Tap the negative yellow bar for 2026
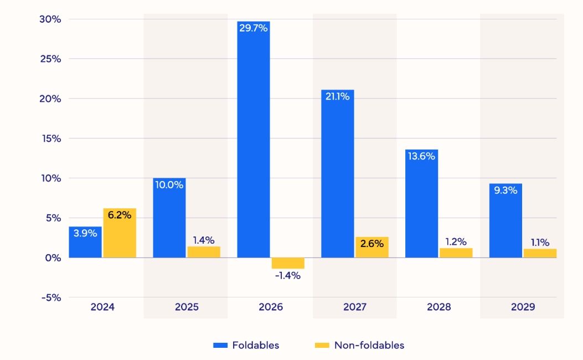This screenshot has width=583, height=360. point(287,263)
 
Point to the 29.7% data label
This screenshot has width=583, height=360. point(253,28)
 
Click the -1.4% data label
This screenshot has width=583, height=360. point(287,275)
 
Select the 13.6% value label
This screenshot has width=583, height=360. point(421,156)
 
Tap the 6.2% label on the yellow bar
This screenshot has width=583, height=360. point(120,215)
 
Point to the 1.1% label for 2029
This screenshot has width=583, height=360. point(540,242)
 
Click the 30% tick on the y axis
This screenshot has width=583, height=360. point(50,19)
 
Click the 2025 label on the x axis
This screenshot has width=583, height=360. point(186,307)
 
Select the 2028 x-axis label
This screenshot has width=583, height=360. point(438,307)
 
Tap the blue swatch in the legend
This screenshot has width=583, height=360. point(220,346)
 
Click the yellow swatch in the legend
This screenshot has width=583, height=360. point(321,346)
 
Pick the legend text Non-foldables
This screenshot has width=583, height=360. point(369,345)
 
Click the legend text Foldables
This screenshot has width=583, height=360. point(255,345)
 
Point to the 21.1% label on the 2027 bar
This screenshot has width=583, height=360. point(337,96)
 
